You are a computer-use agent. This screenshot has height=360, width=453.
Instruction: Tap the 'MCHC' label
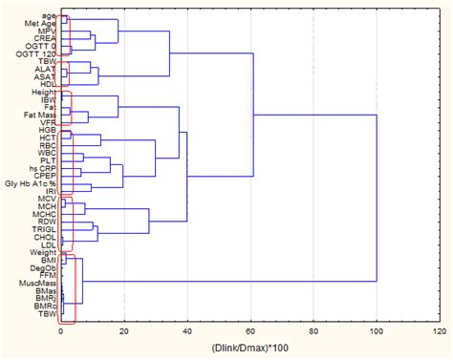click(x=43, y=215)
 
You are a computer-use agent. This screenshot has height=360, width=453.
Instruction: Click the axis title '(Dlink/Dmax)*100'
click(x=249, y=349)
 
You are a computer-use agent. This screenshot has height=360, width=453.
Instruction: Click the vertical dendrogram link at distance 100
click(x=377, y=201)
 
